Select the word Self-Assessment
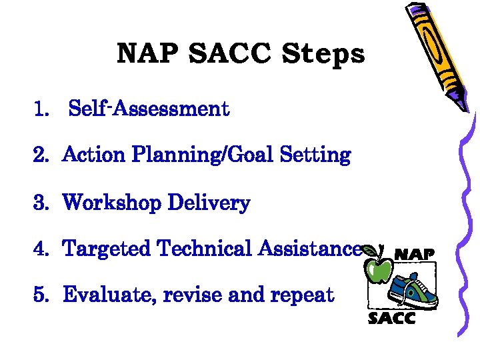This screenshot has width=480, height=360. click(x=149, y=108)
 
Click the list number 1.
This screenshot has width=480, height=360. click(x=41, y=109)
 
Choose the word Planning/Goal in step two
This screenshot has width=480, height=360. click(x=203, y=156)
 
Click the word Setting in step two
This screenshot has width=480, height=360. click(x=315, y=155)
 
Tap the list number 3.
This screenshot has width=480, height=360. click(x=41, y=203)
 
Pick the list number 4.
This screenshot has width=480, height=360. click(x=41, y=249)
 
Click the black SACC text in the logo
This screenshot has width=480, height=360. click(x=392, y=318)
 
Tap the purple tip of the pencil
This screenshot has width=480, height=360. click(x=460, y=101)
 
